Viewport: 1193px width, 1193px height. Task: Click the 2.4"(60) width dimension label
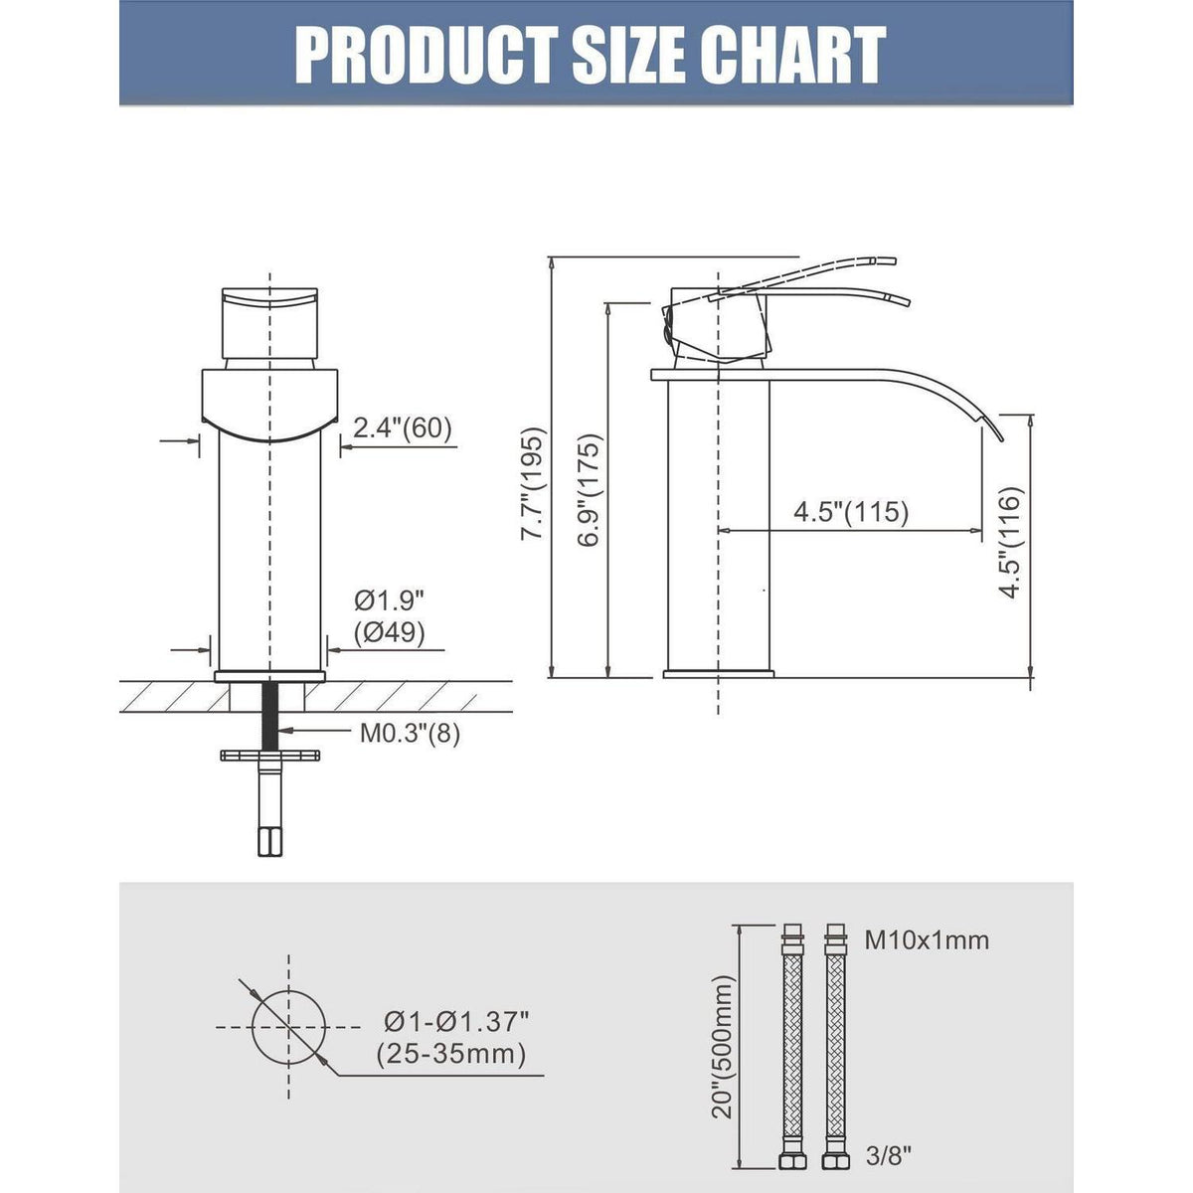coord(403,427)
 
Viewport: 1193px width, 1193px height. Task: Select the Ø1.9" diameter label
coord(390,599)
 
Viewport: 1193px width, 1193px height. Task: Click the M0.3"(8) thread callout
coord(410,735)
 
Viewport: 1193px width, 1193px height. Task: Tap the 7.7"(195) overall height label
coord(533,483)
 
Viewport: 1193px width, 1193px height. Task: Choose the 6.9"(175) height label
coord(590,490)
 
